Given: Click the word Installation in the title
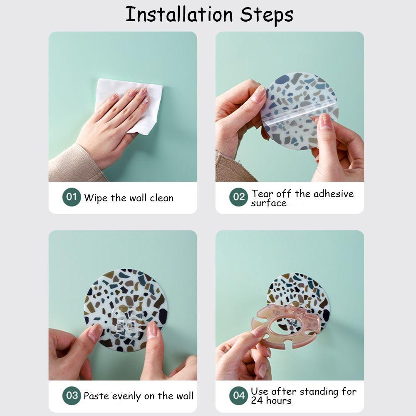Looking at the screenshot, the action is pyautogui.click(x=179, y=15).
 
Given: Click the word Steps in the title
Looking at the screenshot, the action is pyautogui.click(x=266, y=16).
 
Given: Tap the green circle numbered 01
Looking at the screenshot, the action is pyautogui.click(x=72, y=197).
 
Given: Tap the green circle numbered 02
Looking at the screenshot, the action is pyautogui.click(x=238, y=197).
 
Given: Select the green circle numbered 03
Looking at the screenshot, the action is pyautogui.click(x=72, y=395).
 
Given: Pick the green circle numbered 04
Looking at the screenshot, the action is pyautogui.click(x=238, y=395).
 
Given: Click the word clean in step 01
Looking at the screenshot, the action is pyautogui.click(x=161, y=198).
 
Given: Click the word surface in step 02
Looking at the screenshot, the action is pyautogui.click(x=269, y=203).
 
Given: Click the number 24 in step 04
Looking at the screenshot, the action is pyautogui.click(x=257, y=400).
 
